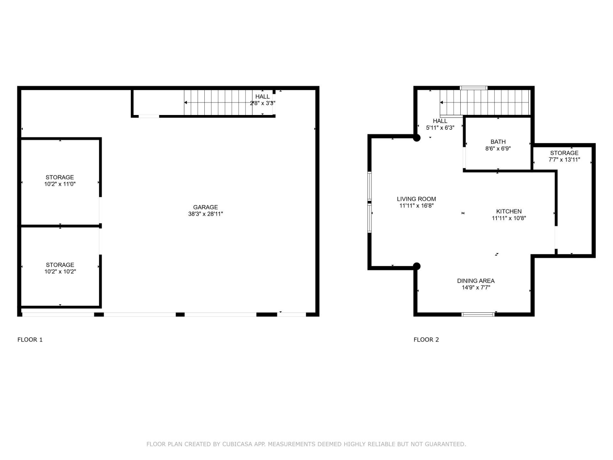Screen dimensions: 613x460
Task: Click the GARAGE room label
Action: coord(205,207)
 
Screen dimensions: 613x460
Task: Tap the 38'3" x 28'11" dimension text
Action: coord(205,214)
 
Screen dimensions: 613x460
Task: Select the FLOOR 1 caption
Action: coord(30,340)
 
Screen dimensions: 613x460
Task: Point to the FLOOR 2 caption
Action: coord(426,340)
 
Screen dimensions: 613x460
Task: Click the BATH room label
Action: coord(498,142)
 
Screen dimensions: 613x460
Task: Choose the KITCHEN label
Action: coord(509,211)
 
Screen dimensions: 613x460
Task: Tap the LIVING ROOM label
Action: coord(416,199)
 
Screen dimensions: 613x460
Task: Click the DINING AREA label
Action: coord(476,281)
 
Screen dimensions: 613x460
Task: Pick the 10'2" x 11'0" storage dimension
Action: coord(60,184)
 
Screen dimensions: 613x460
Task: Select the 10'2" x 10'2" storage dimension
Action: coord(60,272)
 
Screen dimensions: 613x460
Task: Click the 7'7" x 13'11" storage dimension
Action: coord(564,160)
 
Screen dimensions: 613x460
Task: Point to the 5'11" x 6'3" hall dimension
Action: coord(440,128)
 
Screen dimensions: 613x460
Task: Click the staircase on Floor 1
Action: coord(228,103)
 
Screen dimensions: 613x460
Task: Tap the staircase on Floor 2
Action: coord(485,103)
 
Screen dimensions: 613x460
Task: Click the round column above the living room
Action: coord(417,138)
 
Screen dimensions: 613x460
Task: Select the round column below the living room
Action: coord(417,266)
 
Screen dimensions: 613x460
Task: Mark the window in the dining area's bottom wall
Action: coord(478,315)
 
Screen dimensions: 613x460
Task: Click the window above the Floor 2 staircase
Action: coord(473,88)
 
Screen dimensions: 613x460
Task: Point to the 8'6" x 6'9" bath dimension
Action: coord(498,149)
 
